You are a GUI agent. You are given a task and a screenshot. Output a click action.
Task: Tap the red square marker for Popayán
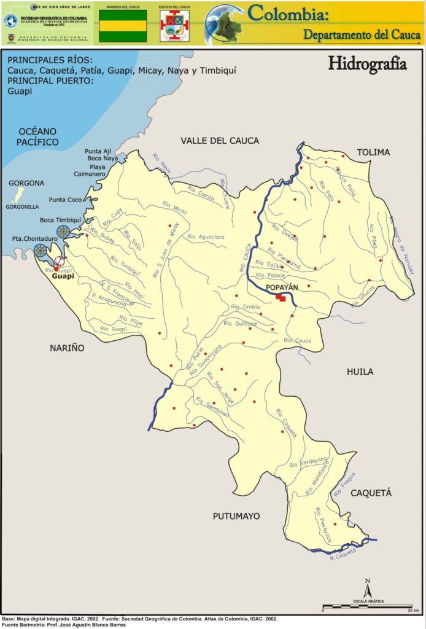coord(281,297)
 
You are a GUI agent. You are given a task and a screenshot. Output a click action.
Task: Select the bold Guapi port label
coord(63,277)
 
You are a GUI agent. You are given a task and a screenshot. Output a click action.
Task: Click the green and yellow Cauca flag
coord(123,26)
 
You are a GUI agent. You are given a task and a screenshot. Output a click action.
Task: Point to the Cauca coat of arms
coord(174,26)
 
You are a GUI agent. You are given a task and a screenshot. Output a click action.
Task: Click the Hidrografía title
coord(367,64)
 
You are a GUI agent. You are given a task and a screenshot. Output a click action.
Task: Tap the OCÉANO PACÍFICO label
coord(38,136)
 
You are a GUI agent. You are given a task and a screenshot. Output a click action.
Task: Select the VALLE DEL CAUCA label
coord(220,141)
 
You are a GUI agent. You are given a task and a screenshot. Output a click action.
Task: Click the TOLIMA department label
coord(374,152)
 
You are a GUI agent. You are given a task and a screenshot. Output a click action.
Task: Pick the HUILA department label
coord(360,372)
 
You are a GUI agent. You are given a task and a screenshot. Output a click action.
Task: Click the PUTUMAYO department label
coord(236,516)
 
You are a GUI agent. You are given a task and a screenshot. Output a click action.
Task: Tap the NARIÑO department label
coord(67,348)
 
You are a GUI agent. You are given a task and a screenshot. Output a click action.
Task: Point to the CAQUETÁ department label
coord(371,493)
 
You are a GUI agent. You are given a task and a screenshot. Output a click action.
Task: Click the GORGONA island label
coord(26,183)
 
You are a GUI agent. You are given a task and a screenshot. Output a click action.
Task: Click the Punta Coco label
coord(66,200)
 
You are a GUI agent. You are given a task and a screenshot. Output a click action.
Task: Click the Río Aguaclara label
coord(206,236)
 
